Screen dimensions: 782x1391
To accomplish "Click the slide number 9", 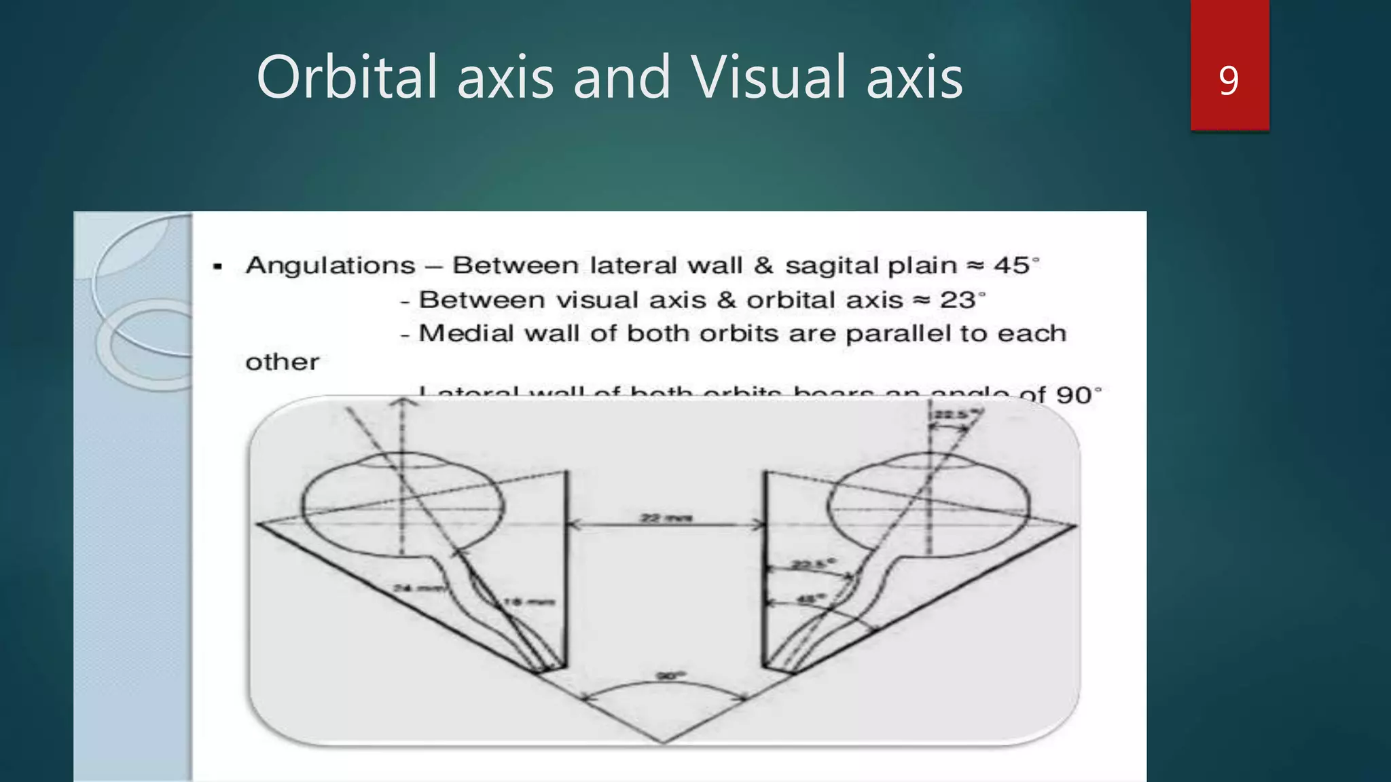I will tap(1229, 81).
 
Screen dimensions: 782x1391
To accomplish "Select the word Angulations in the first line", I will tap(330, 265).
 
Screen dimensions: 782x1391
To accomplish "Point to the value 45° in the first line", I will tap(1015, 265).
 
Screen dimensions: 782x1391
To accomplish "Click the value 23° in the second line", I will tap(962, 299).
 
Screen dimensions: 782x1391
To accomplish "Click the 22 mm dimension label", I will tap(666, 518).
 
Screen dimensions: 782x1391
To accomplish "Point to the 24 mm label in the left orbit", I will tap(416, 587).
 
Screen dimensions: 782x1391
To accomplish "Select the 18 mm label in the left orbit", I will tap(528, 601).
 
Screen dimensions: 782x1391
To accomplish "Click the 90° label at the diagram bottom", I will tap(671, 675).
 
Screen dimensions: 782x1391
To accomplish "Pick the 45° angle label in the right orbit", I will tap(810, 599).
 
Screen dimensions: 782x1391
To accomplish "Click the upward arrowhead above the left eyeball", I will tap(403, 402).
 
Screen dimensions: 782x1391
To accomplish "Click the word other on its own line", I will tap(282, 362).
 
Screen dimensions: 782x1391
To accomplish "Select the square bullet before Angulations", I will tap(217, 266).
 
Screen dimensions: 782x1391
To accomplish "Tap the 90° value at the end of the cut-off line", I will tap(1079, 394).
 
